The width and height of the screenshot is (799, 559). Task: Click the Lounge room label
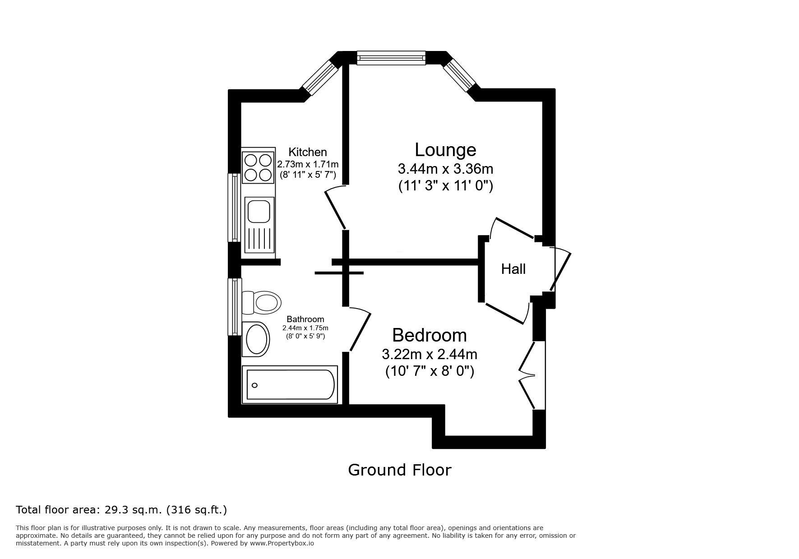click(x=445, y=150)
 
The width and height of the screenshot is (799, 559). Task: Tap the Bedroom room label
click(x=430, y=335)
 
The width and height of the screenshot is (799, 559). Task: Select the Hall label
click(x=513, y=269)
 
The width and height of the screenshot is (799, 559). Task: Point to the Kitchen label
click(x=308, y=152)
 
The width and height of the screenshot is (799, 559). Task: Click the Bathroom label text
click(x=305, y=319)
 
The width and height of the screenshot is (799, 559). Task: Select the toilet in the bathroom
click(x=261, y=302)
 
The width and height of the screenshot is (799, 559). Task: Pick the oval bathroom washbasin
click(x=256, y=339)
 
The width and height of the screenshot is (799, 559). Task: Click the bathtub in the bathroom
click(x=290, y=384)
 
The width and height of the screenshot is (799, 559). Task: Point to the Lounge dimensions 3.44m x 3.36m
click(x=445, y=169)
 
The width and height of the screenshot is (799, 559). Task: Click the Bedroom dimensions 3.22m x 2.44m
click(x=430, y=354)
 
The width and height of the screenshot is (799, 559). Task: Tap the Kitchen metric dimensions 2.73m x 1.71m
click(x=308, y=165)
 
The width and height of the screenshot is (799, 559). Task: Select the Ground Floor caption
click(x=399, y=470)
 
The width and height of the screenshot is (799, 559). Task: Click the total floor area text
click(x=121, y=510)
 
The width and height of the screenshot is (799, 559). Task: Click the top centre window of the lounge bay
click(x=391, y=58)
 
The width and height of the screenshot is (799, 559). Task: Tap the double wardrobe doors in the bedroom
click(x=526, y=375)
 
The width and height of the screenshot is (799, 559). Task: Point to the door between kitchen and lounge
click(x=336, y=208)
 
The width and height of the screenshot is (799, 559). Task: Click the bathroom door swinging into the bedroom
click(x=360, y=329)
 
